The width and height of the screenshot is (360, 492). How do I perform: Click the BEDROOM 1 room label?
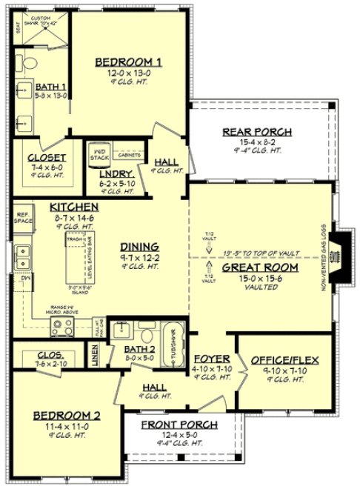tap(128, 61)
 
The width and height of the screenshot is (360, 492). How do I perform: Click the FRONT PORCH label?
tap(180, 425)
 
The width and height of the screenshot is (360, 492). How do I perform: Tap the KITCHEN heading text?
tap(74, 207)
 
